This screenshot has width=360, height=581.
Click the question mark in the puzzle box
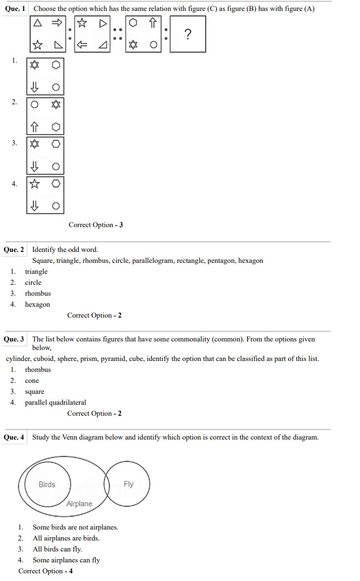188,34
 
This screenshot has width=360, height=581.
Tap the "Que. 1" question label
15,9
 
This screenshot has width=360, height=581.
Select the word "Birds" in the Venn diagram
47,484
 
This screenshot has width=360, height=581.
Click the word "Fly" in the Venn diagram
129,484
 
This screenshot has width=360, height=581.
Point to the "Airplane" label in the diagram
80,504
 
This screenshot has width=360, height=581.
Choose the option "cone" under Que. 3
32,381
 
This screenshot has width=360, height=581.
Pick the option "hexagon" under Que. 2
38,304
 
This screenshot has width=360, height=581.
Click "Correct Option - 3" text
96,225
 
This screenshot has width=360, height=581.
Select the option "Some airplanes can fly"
66,560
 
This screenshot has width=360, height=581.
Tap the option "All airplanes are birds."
66,538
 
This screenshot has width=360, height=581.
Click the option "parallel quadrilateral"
56,402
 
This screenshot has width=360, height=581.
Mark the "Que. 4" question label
14,437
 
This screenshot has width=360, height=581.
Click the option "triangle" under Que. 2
36,271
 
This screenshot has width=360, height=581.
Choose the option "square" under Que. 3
35,391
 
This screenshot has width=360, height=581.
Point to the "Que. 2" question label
14,250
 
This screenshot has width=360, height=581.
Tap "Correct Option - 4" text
46,571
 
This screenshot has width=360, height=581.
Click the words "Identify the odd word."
65,250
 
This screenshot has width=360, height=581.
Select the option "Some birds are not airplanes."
75,527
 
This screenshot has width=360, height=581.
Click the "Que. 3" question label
14,339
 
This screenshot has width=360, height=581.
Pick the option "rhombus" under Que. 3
38,370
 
